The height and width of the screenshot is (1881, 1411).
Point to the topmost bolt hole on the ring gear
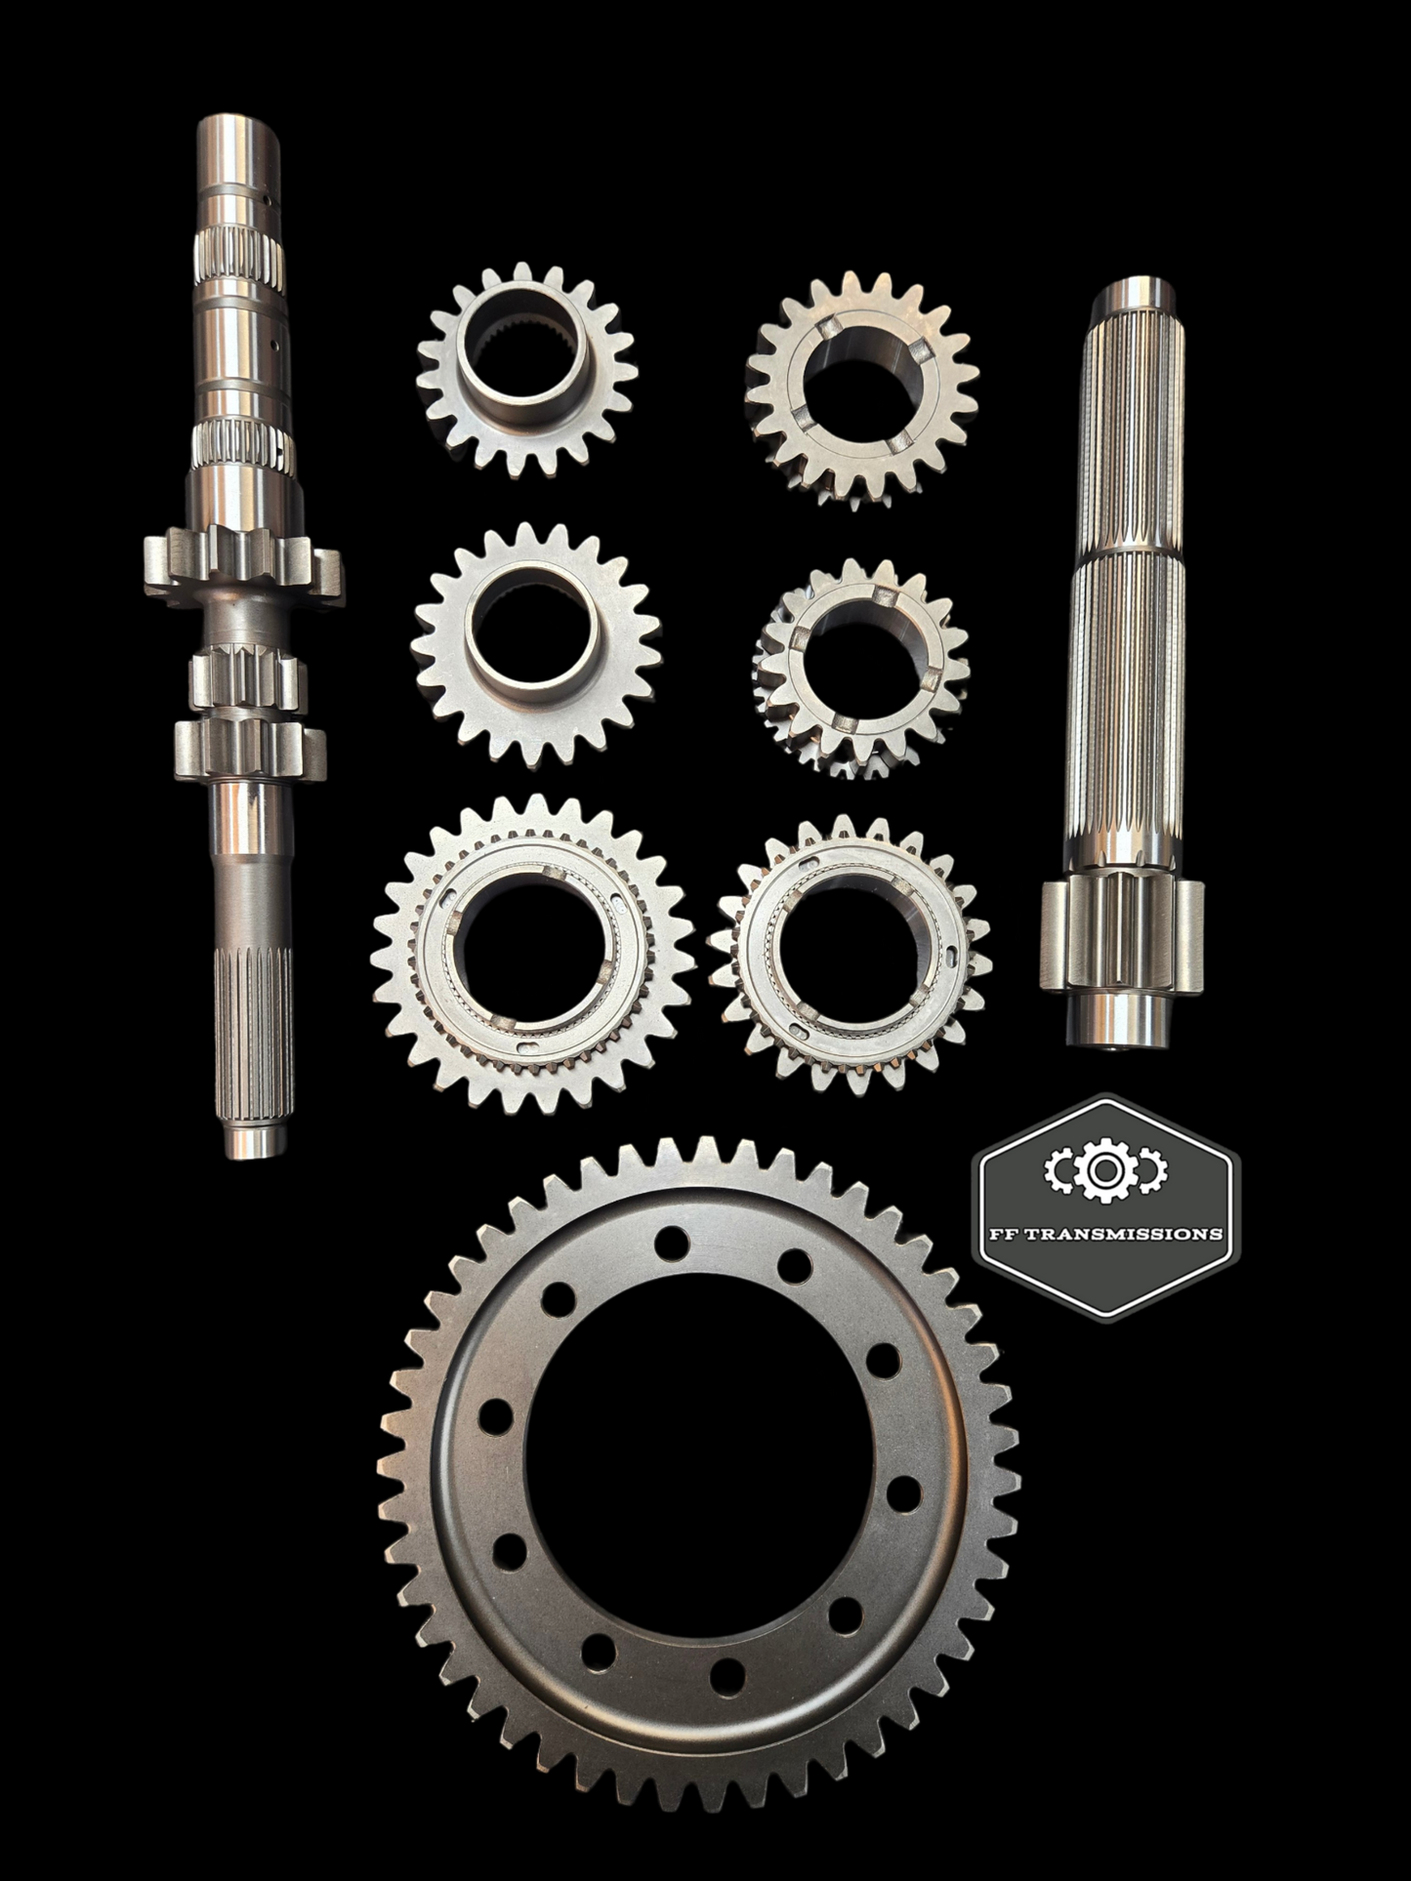click(x=671, y=1244)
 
